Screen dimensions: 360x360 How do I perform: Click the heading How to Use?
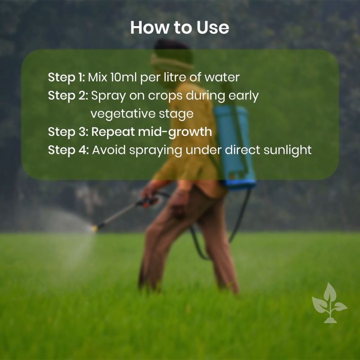[x=180, y=27]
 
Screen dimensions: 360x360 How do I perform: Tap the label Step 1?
[x=67, y=77]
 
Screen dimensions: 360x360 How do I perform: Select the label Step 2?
[x=68, y=95]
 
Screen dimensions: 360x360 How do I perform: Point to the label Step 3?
[x=68, y=132]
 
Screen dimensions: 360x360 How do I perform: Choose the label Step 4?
[x=68, y=150]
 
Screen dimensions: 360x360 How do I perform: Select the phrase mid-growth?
[x=175, y=132]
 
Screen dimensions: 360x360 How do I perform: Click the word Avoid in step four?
[x=109, y=150]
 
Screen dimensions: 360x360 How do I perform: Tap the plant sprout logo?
[x=330, y=303]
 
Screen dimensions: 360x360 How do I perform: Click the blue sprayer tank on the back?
[x=234, y=147]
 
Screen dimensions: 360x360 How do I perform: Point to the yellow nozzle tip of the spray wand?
[x=94, y=228]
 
